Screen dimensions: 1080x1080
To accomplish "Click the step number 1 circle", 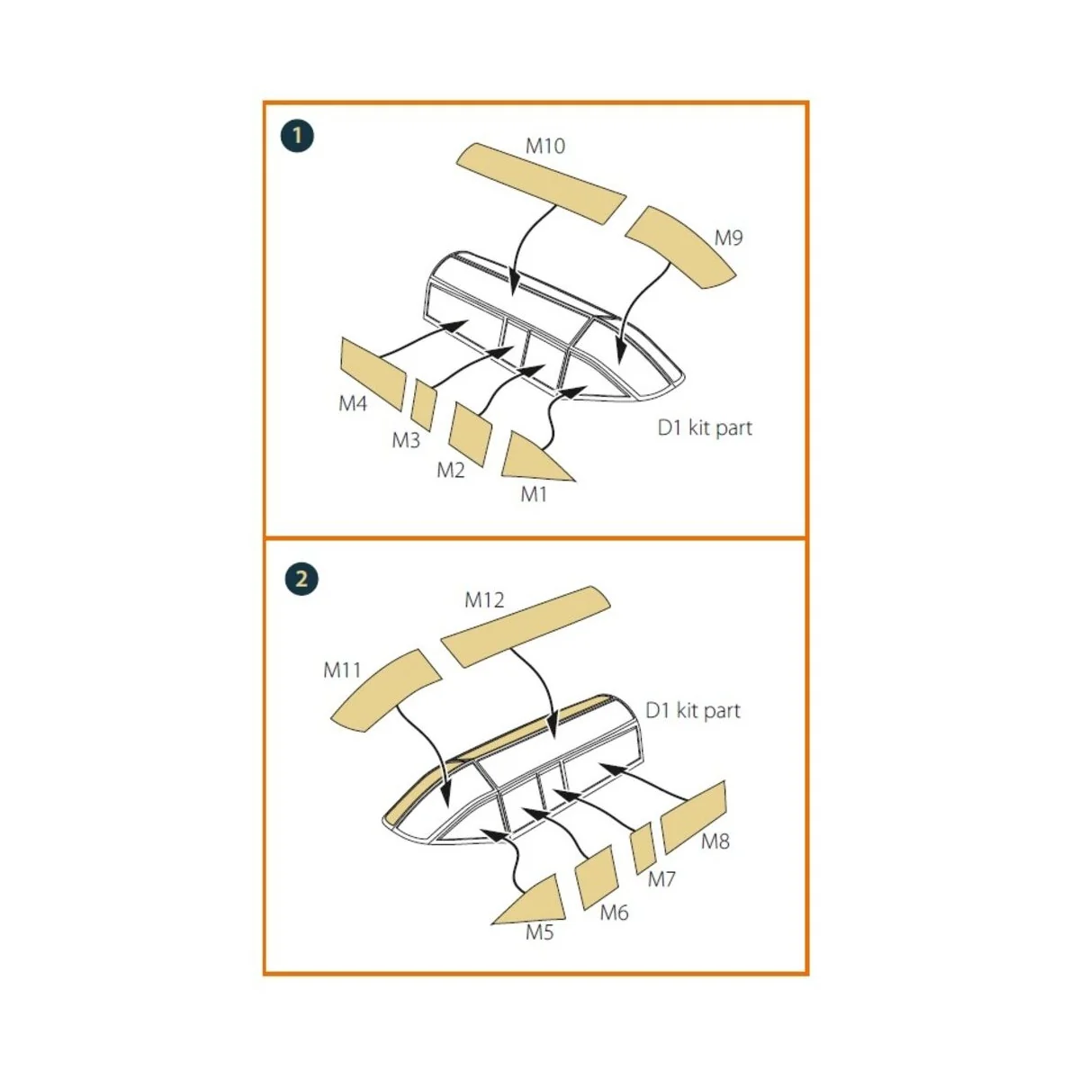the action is coord(297,136).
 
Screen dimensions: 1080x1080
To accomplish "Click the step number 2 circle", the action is coord(301,579).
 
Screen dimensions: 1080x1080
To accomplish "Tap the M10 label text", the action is coord(545,147).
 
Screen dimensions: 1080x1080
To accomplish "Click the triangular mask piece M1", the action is coord(530,459).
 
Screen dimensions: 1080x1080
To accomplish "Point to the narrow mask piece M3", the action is coord(424,405).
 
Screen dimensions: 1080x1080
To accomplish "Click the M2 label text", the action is coord(451,470).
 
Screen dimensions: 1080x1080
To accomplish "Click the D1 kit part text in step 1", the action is coord(705,428).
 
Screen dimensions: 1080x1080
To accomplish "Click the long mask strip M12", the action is coord(525,626).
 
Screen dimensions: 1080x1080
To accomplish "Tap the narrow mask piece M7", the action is coord(643,849).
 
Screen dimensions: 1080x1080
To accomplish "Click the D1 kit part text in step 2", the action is coord(693,711).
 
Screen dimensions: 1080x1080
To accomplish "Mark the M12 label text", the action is coord(484,600).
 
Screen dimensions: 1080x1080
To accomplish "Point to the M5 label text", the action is coord(539,932).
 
